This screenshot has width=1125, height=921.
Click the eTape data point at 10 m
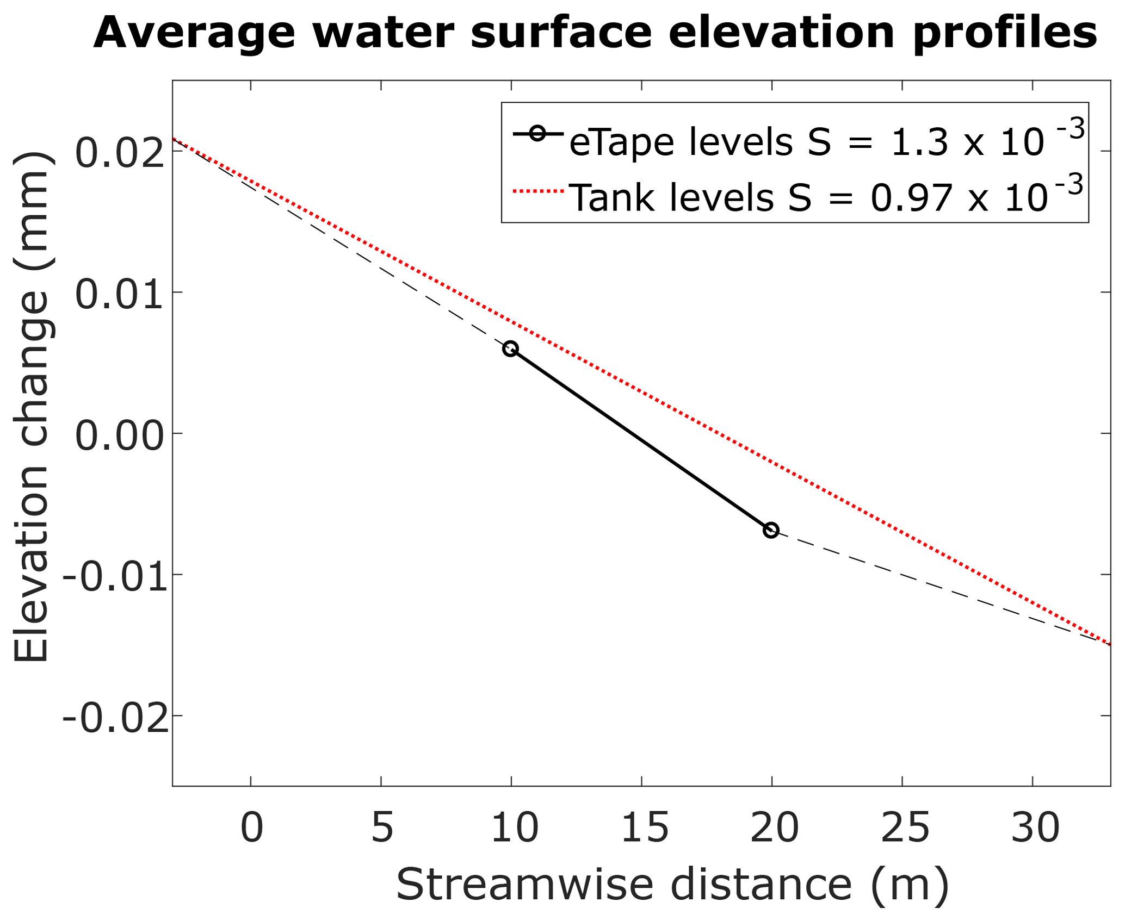[x=510, y=349]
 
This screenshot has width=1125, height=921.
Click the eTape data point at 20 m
[x=771, y=530]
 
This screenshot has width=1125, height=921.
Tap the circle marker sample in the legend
[x=537, y=134]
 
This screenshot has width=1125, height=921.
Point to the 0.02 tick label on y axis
[x=119, y=153]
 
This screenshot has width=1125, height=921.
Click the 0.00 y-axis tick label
[x=119, y=436]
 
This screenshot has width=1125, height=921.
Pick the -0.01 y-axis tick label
[x=114, y=577]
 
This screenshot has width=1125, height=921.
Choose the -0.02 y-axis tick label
[x=114, y=719]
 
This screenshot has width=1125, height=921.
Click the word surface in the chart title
[x=561, y=33]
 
